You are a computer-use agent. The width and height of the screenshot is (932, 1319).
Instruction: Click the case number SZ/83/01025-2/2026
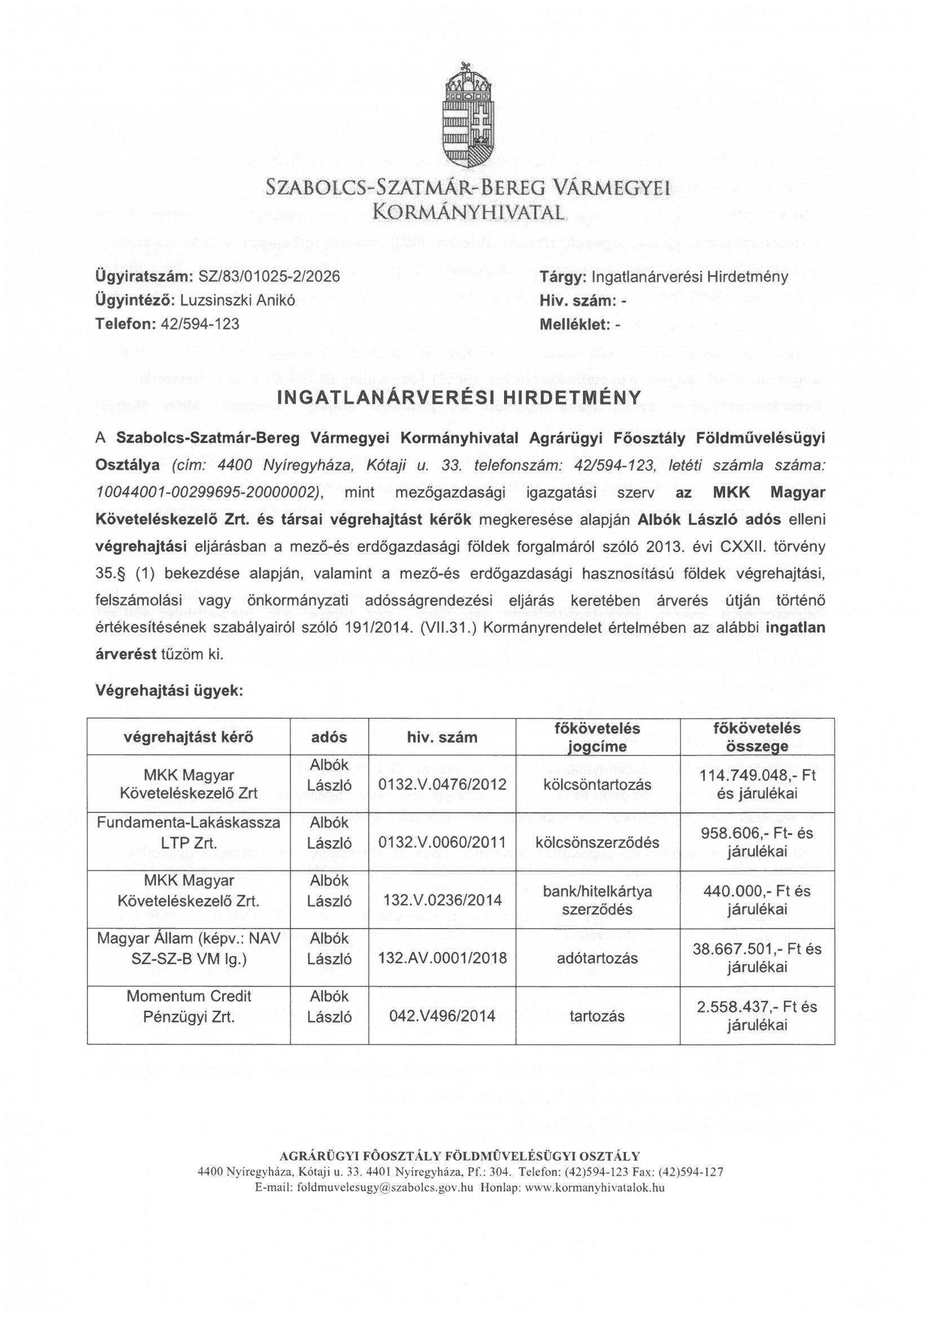(269, 276)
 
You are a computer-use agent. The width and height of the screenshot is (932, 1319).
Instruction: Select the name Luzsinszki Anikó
(238, 301)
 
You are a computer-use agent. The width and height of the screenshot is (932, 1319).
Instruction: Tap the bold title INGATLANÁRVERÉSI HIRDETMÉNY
(459, 397)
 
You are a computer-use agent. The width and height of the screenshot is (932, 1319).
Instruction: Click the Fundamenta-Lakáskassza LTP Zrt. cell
(189, 833)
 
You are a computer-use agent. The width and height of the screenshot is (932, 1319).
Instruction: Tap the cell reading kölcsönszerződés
(597, 842)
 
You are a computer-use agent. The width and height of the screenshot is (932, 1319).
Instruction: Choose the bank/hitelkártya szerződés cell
(597, 900)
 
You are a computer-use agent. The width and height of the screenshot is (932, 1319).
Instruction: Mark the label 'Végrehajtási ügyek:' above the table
(169, 691)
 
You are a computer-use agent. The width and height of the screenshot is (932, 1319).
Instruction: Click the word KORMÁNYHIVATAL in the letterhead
(467, 213)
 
